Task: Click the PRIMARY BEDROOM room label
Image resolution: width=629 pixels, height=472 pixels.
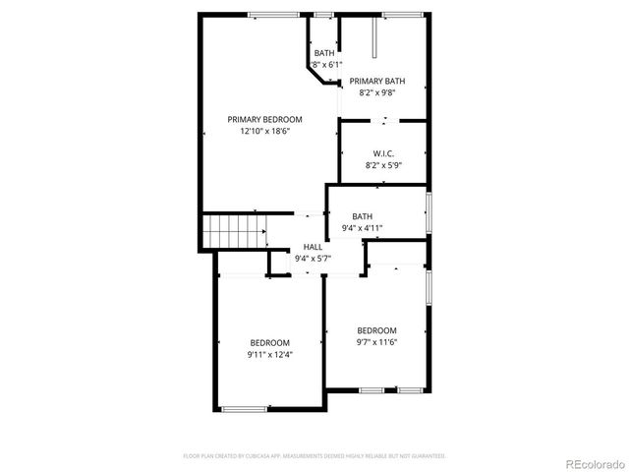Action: coord(264,119)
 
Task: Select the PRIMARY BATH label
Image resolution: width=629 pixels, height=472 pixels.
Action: coord(377,82)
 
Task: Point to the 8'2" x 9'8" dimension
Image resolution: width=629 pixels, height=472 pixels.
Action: coord(377,92)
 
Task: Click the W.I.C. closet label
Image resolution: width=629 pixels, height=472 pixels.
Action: coord(383,153)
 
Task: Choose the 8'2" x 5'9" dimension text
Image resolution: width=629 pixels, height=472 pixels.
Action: coord(383,165)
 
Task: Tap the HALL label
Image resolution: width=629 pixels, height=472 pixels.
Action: coord(313,247)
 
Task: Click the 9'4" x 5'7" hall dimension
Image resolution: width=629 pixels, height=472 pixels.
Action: coord(313,258)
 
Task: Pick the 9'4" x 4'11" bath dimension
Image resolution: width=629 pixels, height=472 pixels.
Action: coord(363,228)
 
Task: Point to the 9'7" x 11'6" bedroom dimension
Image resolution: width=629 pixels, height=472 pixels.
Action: coord(376,341)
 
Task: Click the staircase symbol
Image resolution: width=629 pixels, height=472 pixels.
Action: coord(236,234)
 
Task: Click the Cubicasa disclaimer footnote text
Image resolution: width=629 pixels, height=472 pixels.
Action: coord(314,456)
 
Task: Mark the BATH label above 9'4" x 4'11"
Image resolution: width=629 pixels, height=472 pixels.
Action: coord(363,216)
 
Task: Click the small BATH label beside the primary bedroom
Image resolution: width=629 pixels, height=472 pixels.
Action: coord(324,53)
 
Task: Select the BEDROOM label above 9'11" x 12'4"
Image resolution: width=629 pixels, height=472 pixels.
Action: coord(270,342)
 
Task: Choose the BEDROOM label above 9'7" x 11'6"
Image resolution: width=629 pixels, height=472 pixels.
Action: coord(376,330)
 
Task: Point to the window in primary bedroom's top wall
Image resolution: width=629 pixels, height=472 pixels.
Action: coord(273,14)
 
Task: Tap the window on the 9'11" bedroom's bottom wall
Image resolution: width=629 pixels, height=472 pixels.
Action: coord(245,408)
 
